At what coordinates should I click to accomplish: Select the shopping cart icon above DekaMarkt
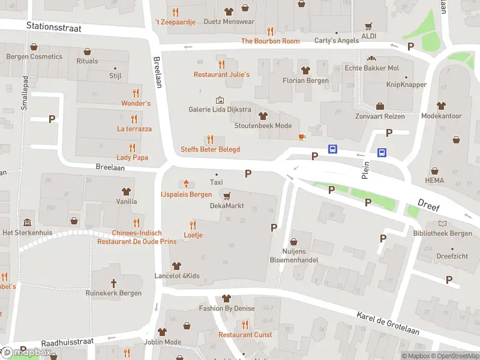pyautogui.click(x=226, y=196)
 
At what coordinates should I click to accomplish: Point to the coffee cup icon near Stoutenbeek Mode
pyautogui.click(x=302, y=137)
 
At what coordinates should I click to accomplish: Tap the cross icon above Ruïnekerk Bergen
pyautogui.click(x=113, y=283)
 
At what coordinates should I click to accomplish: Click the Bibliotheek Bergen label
pyautogui.click(x=442, y=233)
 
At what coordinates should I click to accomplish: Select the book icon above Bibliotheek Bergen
pyautogui.click(x=442, y=223)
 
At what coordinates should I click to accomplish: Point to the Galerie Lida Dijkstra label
pyautogui.click(x=220, y=109)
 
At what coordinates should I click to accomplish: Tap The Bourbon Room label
pyautogui.click(x=270, y=41)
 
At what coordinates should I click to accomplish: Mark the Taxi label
pyautogui.click(x=216, y=182)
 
